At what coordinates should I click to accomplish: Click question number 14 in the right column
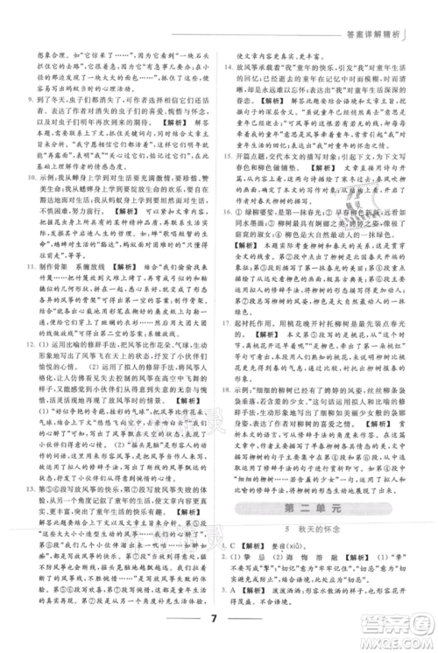click(230, 67)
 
